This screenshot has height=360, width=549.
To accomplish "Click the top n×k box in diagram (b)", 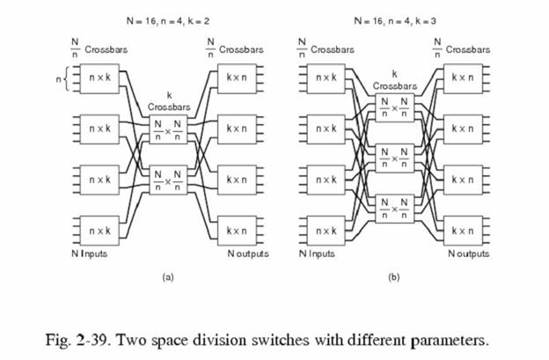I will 333,77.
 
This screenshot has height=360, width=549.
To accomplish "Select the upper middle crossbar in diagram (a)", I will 167,130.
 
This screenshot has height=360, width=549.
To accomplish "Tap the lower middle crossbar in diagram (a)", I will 167,180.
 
